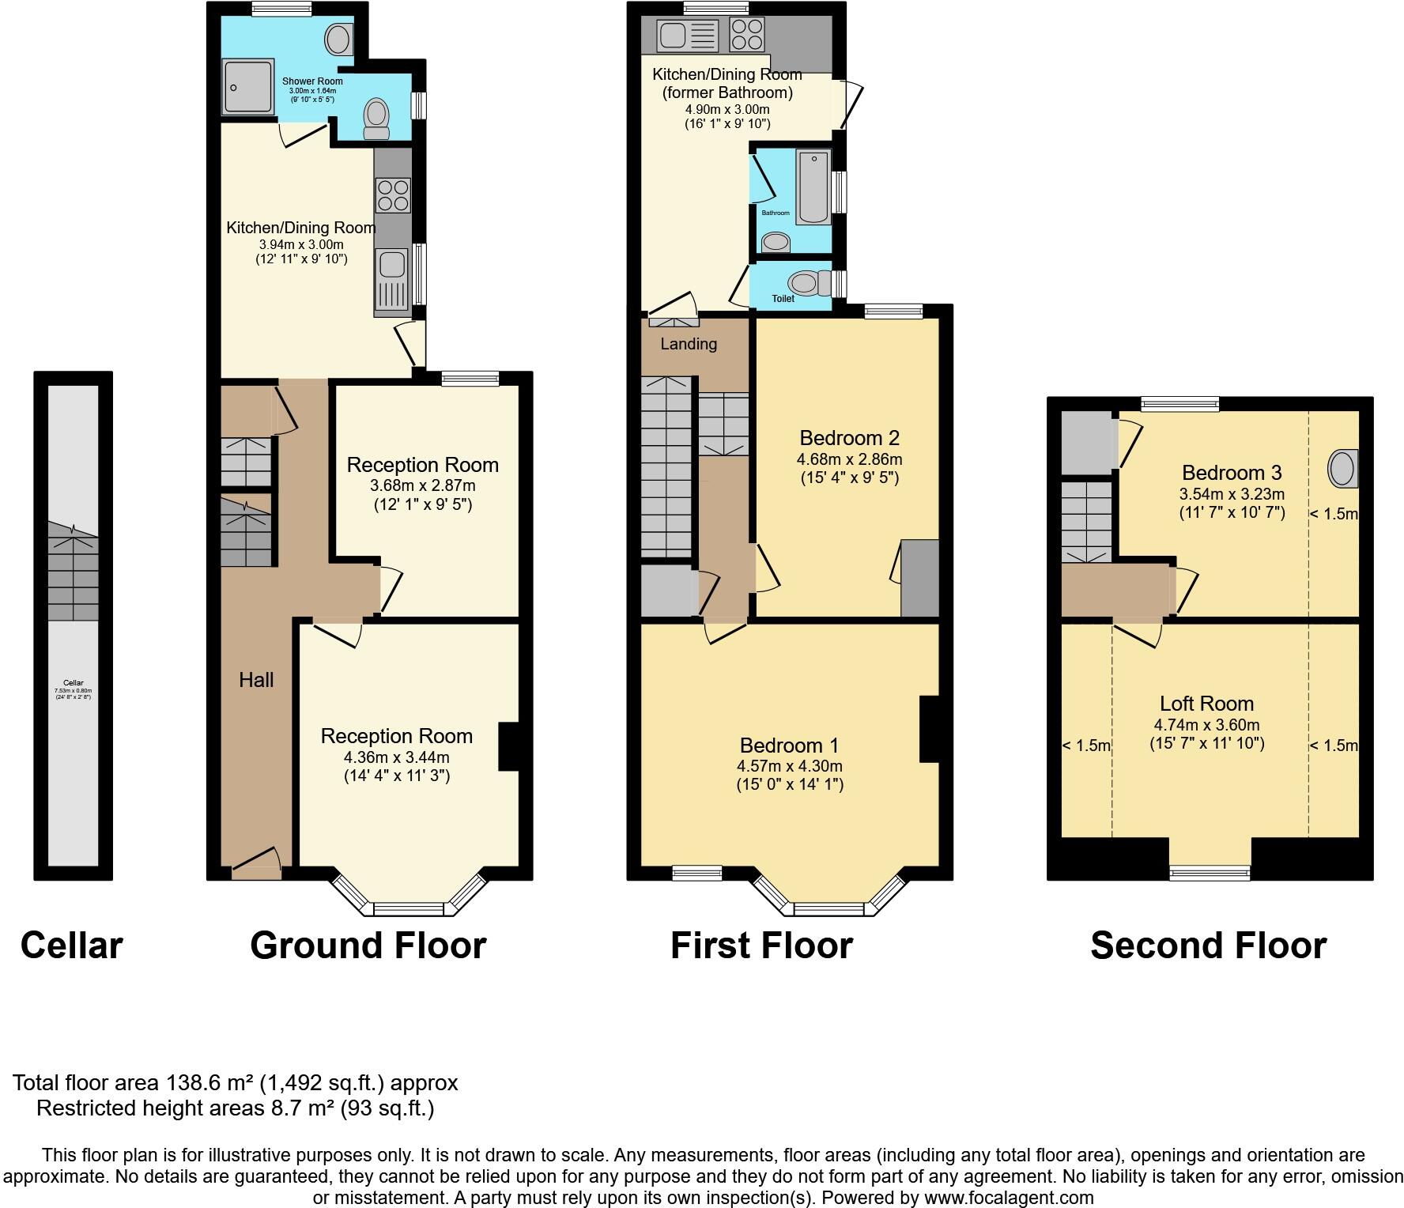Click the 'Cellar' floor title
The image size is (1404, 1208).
tap(71, 945)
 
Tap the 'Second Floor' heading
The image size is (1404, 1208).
tap(1208, 945)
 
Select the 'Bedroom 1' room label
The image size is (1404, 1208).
tap(789, 746)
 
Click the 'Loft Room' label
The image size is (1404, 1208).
tap(1206, 704)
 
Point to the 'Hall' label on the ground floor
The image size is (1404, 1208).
tap(256, 680)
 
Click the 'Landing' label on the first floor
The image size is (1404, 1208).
tap(689, 344)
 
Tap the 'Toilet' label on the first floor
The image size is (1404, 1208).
tap(783, 299)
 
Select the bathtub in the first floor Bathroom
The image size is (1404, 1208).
tap(813, 188)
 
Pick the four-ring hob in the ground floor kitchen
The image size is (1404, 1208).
tap(393, 195)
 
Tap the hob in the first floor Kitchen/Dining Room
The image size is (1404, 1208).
tap(747, 34)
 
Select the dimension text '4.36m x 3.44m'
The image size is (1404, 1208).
tap(396, 757)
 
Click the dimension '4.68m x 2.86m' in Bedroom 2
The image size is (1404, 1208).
tap(849, 459)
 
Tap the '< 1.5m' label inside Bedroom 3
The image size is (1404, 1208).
tap(1334, 514)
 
